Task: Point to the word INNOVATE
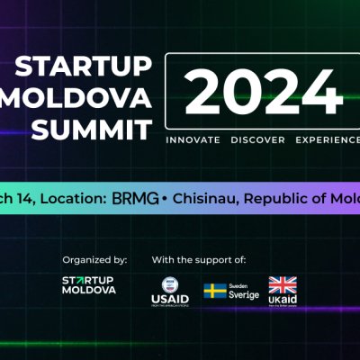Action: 193,141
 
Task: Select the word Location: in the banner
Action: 75,197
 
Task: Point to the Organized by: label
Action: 94,259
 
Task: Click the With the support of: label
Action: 199,259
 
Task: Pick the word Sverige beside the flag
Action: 243,295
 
